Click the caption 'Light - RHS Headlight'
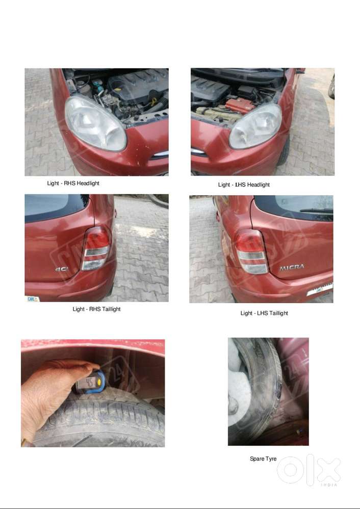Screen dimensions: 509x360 (x=73, y=183)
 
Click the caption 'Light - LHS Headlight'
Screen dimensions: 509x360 (x=244, y=184)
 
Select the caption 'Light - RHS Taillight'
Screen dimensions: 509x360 (x=96, y=309)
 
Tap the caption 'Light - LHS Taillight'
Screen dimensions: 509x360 (x=264, y=313)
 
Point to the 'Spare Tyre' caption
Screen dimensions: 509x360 (x=263, y=459)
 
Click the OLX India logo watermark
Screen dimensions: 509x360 (x=309, y=470)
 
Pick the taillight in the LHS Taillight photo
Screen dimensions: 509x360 (x=251, y=251)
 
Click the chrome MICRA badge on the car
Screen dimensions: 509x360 (x=291, y=267)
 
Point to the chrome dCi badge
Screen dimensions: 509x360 (x=62, y=269)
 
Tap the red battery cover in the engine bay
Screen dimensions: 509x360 (x=239, y=105)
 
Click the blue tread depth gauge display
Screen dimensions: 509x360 (x=91, y=381)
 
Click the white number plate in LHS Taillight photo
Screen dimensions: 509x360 (x=319, y=289)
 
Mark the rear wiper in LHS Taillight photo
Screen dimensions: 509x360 (x=316, y=210)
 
